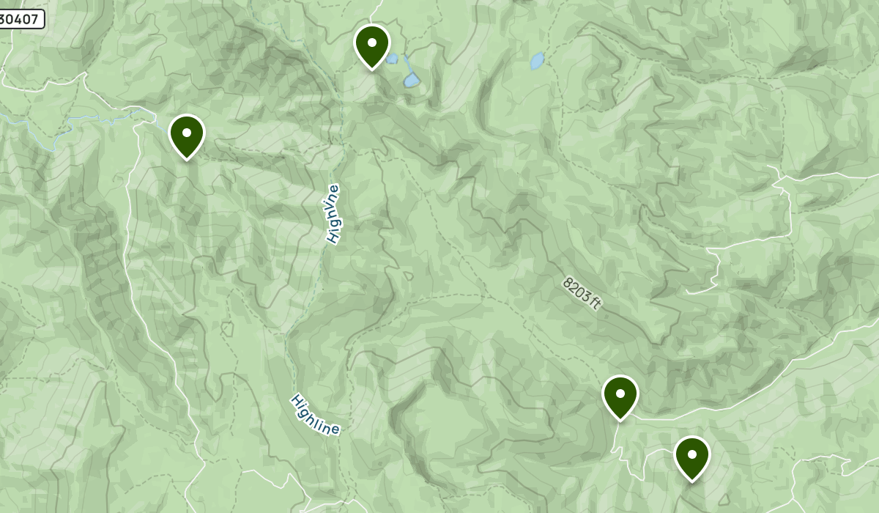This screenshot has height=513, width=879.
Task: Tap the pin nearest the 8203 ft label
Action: tap(620, 395)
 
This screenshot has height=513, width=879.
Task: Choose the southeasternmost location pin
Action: tap(691, 456)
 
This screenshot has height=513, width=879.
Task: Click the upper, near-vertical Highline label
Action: tap(333, 213)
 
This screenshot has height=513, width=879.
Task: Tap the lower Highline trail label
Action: tap(315, 415)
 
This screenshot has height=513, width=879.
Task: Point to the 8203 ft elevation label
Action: tap(582, 292)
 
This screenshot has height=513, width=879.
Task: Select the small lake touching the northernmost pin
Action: tap(393, 59)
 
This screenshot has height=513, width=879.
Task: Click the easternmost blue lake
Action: tap(538, 60)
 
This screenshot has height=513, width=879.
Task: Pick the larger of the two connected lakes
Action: tap(411, 79)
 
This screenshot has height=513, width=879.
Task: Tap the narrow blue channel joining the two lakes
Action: tap(404, 66)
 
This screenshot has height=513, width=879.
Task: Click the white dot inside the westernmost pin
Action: tap(187, 133)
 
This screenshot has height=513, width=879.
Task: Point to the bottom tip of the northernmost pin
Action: tap(371, 70)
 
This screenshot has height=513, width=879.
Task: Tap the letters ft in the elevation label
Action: tap(594, 303)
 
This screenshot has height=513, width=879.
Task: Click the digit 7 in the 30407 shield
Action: tap(36, 20)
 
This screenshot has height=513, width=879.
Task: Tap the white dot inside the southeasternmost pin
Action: tap(691, 454)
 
